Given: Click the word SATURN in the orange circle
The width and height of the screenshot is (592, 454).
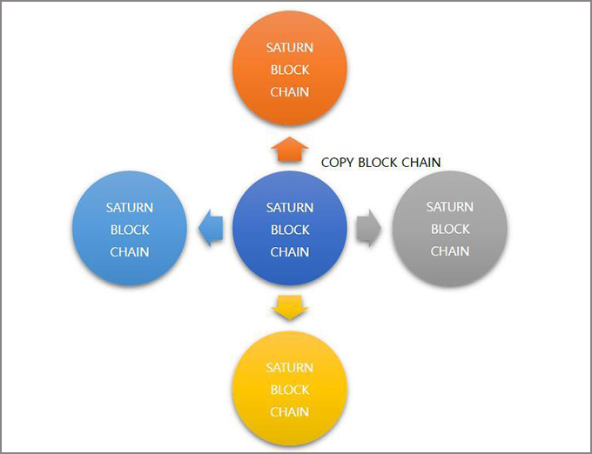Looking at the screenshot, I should coord(290,47).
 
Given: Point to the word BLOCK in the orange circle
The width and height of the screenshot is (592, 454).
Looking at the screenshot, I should coord(290,70).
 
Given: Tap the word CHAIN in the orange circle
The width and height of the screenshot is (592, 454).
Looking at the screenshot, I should coord(290,91).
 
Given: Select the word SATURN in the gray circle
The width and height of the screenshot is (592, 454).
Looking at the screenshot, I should coord(449,207).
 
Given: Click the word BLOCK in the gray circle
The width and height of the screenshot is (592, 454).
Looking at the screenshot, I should coord(449,229).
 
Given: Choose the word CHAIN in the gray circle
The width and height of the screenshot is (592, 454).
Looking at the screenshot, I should coord(449,251).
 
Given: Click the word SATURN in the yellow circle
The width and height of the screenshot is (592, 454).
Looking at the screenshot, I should coord(289,368).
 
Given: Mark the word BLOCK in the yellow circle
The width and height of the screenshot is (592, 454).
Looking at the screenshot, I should coord(289,390).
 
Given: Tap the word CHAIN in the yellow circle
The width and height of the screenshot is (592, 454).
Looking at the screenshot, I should coord(289,411).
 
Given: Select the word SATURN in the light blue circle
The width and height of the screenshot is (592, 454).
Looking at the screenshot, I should coord(130,208).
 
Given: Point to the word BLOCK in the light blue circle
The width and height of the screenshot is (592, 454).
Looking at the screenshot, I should coord(130,230).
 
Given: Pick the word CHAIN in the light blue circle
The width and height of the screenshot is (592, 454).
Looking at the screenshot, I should coord(130,252).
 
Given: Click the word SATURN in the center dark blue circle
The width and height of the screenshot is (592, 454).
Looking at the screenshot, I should coord(290,208).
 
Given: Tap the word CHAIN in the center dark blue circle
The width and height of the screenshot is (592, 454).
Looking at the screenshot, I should coord(290,252).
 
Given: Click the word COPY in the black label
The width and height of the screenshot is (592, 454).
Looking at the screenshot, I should coord(338,163).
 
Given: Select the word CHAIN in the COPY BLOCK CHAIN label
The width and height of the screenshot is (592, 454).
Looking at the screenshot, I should coord(420,163).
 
